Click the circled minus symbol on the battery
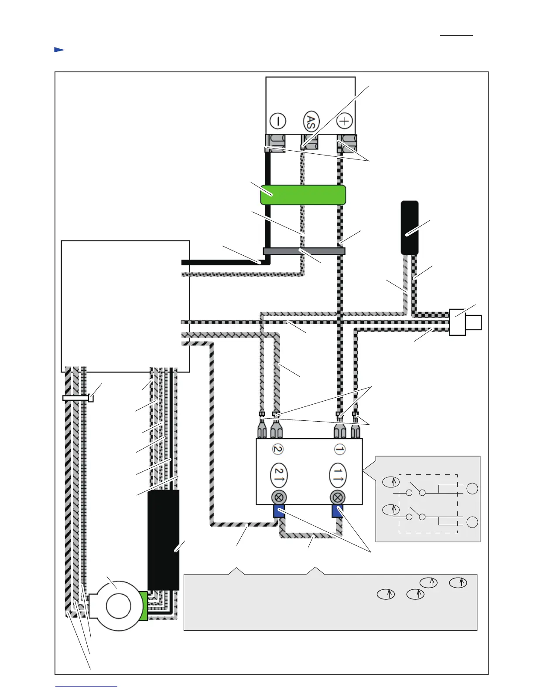coord(278,121)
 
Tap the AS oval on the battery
coord(311,122)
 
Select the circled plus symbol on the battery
coord(345,121)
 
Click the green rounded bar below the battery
coord(303,195)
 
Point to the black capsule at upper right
coord(410,227)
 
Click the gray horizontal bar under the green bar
coord(304,251)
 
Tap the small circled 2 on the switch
coord(277,449)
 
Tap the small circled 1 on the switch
coord(339,449)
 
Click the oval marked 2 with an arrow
coord(279,475)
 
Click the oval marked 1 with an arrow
coord(338,475)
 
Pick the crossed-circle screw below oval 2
coord(279,497)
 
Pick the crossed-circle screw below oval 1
coord(338,497)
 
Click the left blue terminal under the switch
coord(279,511)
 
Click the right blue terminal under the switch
coord(337,511)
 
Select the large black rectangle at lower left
coord(163,540)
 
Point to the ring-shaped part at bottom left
coord(118,606)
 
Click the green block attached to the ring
coord(143,606)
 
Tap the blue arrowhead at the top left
coord(59,50)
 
